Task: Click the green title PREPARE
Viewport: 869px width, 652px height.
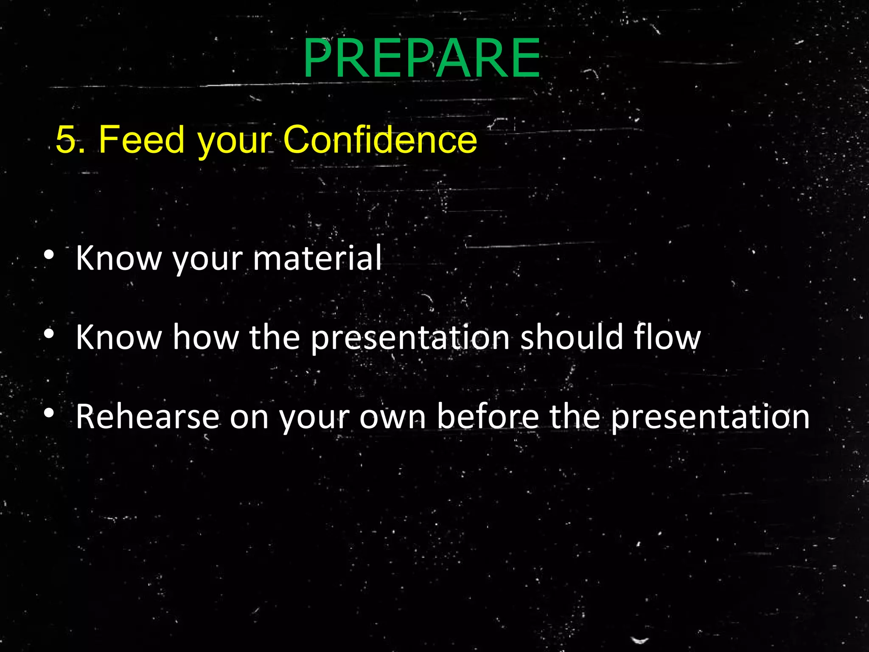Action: (x=422, y=58)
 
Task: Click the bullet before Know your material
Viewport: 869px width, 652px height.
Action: (x=49, y=255)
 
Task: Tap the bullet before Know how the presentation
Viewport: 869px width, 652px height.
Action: (x=49, y=334)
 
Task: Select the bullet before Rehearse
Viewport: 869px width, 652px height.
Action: (x=49, y=413)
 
